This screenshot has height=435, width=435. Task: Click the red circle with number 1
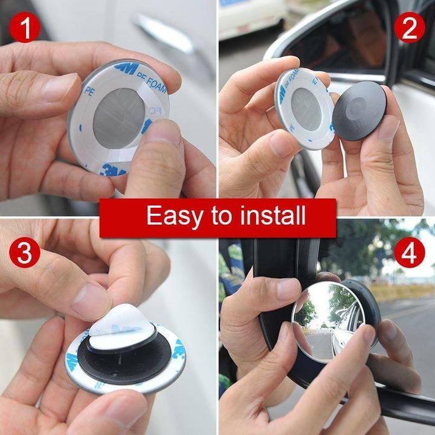(25, 28)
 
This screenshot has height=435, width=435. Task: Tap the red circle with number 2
(410, 28)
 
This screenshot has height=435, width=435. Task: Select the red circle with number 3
(25, 253)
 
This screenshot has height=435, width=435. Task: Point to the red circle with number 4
(410, 253)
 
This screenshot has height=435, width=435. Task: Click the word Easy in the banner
(171, 216)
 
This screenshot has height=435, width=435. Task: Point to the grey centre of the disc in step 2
(306, 108)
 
